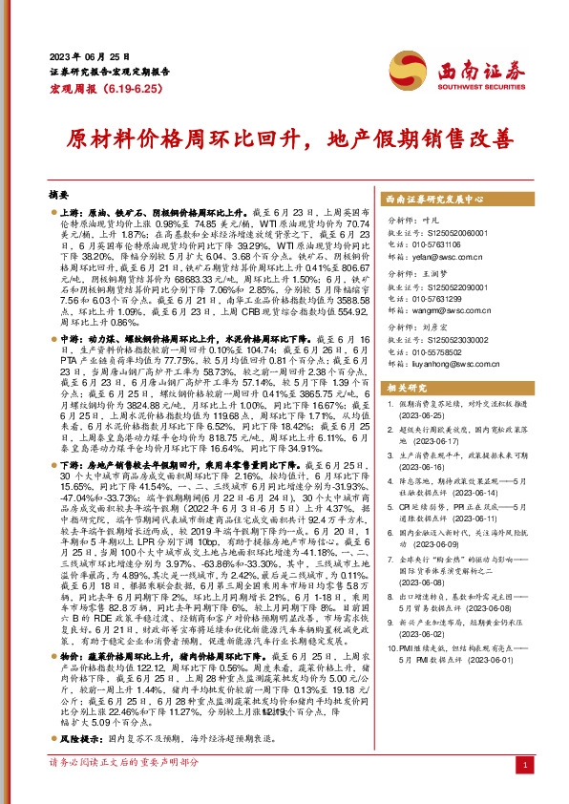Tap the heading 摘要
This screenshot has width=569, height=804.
(x=59, y=192)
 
